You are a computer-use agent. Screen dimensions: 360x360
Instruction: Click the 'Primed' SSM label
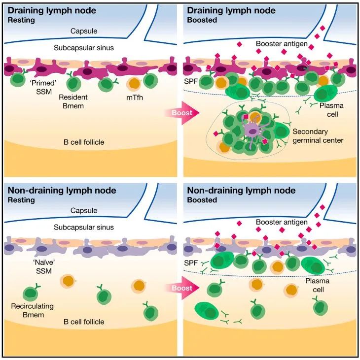43,87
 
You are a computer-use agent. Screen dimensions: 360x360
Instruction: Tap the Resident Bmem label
73,101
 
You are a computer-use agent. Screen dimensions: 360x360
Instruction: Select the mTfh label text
135,98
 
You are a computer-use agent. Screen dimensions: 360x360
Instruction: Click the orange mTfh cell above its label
134,84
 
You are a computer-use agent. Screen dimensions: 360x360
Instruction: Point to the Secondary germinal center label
318,136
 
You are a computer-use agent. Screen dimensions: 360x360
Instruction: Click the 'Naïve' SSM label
44,266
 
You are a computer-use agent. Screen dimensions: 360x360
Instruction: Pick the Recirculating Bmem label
33,310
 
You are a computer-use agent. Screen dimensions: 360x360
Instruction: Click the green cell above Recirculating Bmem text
31,294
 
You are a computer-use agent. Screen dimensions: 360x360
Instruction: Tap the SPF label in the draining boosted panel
191,81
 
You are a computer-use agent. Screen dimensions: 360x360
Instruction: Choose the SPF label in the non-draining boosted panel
191,262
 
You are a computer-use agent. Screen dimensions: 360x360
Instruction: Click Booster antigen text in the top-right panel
282,44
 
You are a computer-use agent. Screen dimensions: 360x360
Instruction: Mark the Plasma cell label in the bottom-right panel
318,285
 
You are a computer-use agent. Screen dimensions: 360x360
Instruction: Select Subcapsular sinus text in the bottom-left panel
84,228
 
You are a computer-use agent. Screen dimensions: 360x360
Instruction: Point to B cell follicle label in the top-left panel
84,142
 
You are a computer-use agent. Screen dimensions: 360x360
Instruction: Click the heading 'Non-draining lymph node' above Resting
62,191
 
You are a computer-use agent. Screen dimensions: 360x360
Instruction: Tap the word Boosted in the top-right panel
202,20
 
